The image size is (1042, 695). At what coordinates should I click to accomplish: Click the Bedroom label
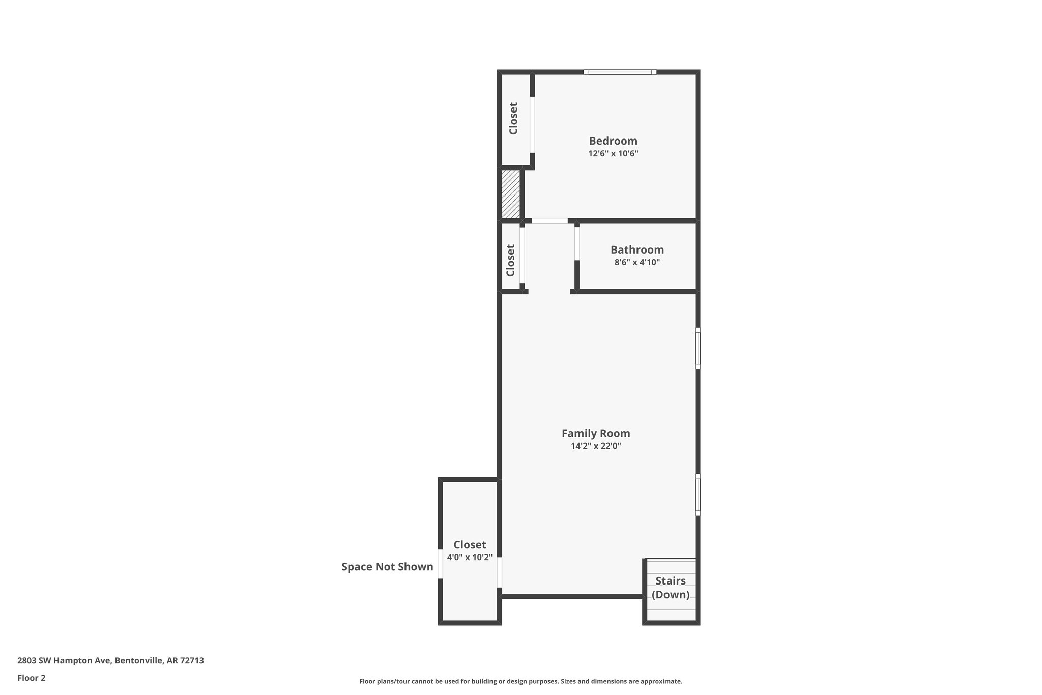click(613, 141)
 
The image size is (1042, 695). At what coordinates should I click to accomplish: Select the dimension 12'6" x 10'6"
click(613, 154)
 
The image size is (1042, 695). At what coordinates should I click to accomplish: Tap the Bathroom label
click(636, 250)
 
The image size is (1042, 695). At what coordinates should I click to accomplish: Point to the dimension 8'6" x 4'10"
click(636, 263)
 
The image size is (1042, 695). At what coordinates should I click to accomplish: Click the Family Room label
click(595, 433)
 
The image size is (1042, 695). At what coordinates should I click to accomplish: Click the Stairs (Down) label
click(670, 588)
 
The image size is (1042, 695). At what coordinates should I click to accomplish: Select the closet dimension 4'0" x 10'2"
click(469, 558)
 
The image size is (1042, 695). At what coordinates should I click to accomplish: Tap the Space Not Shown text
click(387, 567)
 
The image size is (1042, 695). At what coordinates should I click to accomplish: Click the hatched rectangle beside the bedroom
click(510, 194)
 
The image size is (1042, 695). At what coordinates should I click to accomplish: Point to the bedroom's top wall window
click(620, 72)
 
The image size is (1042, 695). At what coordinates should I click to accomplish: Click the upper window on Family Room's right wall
click(698, 348)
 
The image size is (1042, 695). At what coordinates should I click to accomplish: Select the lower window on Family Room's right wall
click(698, 494)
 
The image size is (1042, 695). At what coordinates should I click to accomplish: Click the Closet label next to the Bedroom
click(513, 119)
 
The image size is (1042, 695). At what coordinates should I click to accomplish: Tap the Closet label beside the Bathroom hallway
click(510, 260)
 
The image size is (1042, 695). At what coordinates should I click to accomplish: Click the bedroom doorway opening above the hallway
click(549, 221)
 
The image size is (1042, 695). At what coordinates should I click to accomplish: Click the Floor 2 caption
click(31, 678)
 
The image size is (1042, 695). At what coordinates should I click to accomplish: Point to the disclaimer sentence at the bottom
click(520, 681)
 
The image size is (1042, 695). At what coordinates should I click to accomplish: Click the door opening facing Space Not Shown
click(440, 564)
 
